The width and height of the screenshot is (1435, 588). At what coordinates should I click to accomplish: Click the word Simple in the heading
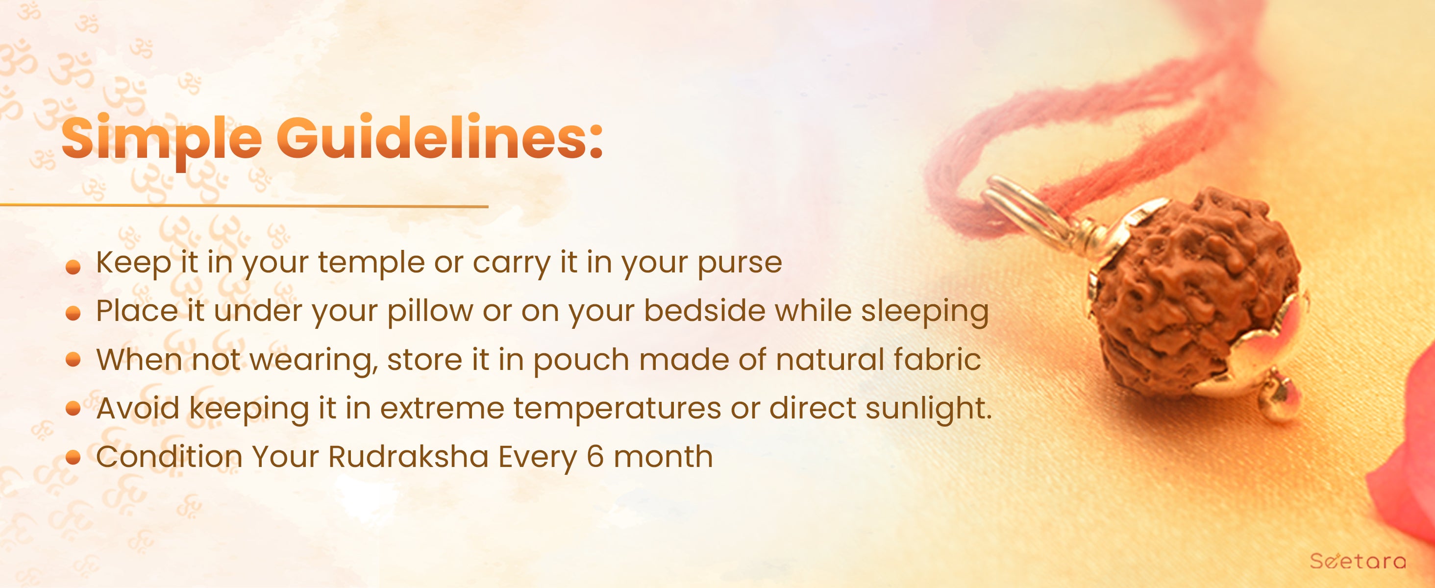tap(162, 139)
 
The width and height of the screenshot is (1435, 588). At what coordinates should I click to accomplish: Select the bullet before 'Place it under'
tap(73, 315)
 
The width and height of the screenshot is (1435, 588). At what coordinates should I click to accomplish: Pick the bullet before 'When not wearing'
tap(73, 360)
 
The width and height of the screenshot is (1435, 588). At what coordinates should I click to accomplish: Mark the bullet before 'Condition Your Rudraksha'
tap(73, 458)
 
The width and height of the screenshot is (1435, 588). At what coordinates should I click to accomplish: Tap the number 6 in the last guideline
tap(595, 457)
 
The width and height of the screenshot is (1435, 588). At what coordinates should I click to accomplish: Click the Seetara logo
tap(1365, 560)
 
